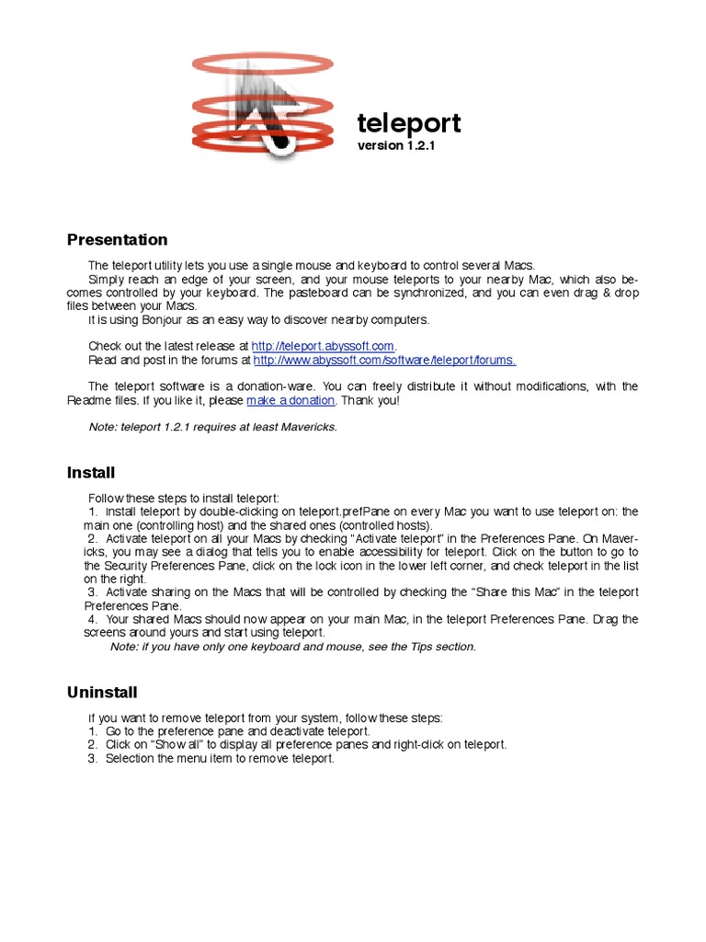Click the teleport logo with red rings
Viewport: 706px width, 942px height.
[x=262, y=104]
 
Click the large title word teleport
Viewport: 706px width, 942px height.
[x=409, y=123]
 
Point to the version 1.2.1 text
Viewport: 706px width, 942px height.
[x=395, y=145]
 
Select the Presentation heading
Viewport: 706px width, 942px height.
[x=118, y=240]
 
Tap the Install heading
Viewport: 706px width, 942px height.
[x=91, y=473]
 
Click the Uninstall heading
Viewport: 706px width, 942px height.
[x=102, y=691]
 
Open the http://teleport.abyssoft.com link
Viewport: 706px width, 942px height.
[x=324, y=346]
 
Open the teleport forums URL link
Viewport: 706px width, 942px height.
[x=384, y=360]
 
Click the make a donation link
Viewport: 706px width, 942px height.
[x=291, y=401]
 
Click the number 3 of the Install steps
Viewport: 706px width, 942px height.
[x=92, y=592]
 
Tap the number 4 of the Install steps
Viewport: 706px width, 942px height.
[x=92, y=619]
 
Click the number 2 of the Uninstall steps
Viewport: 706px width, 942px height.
[x=92, y=744]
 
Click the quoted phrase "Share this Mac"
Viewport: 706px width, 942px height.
[x=505, y=592]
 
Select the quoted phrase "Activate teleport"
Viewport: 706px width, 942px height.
[x=400, y=538]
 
